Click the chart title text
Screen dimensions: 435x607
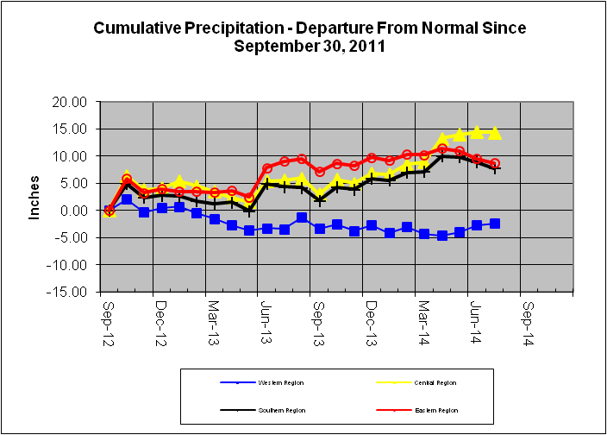coord(309,36)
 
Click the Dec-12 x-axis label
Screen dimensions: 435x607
coord(160,319)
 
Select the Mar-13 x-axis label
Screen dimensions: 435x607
coord(213,319)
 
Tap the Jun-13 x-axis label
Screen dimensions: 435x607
coord(266,319)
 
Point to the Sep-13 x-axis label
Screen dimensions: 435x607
coord(318,319)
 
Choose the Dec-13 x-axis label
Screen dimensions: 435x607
coord(371,319)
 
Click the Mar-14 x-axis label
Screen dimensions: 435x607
coord(422,319)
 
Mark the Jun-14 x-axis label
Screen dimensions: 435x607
coord(476,319)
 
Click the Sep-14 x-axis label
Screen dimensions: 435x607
coord(529,319)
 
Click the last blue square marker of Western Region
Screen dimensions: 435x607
coord(495,224)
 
